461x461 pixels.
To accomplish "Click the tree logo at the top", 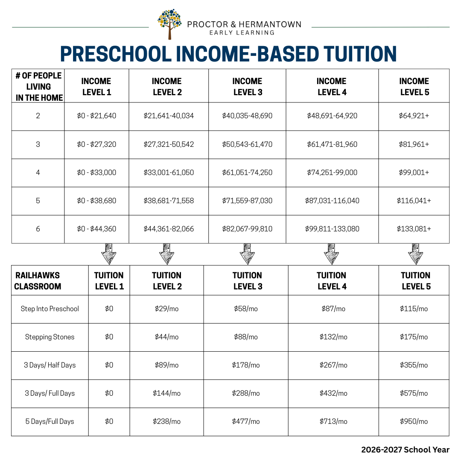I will pos(169,23).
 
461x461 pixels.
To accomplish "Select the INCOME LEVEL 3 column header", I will pos(248,86).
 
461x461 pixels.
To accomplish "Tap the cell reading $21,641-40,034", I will pos(169,116).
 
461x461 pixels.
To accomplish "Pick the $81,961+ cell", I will pos(414,144).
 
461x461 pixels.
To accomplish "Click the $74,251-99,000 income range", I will pos(332,172).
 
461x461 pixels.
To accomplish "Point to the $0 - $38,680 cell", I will pos(96,201).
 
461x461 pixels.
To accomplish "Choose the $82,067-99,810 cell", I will pos(247,229).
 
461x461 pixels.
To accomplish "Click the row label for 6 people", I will pos(38,229).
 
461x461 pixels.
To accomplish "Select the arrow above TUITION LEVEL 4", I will pos(331,254).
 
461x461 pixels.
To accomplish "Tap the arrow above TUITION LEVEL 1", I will pos(108,254).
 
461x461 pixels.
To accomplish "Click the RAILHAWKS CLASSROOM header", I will pos(38,281).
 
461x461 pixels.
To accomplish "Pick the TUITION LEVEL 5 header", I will pos(416,281).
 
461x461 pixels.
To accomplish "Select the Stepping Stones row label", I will pos(50,337).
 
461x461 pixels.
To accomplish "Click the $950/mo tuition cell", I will pos(414,421).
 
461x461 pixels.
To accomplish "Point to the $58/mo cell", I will pos(246,309).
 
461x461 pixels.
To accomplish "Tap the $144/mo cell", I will pos(166,393).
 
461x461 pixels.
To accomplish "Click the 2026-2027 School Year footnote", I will pos(405,449).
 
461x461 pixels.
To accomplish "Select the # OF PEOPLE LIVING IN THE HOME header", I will pos(38,86).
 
